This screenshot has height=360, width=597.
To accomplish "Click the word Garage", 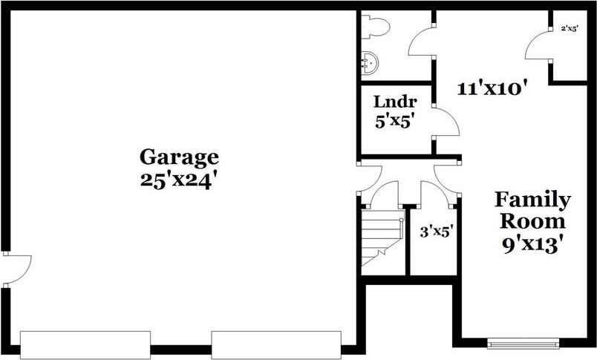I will [x=179, y=157].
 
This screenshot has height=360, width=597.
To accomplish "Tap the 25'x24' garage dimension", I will [x=179, y=180].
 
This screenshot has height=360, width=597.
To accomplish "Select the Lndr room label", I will [x=394, y=102].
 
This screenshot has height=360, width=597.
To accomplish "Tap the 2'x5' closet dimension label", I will [x=570, y=28].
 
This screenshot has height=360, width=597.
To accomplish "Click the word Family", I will [x=532, y=200].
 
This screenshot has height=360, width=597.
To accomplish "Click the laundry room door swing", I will [x=445, y=123].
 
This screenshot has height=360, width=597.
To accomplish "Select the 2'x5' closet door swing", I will [x=538, y=46].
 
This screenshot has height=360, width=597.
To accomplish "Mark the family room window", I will [x=523, y=342].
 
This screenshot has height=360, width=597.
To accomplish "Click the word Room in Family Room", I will [x=532, y=220].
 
